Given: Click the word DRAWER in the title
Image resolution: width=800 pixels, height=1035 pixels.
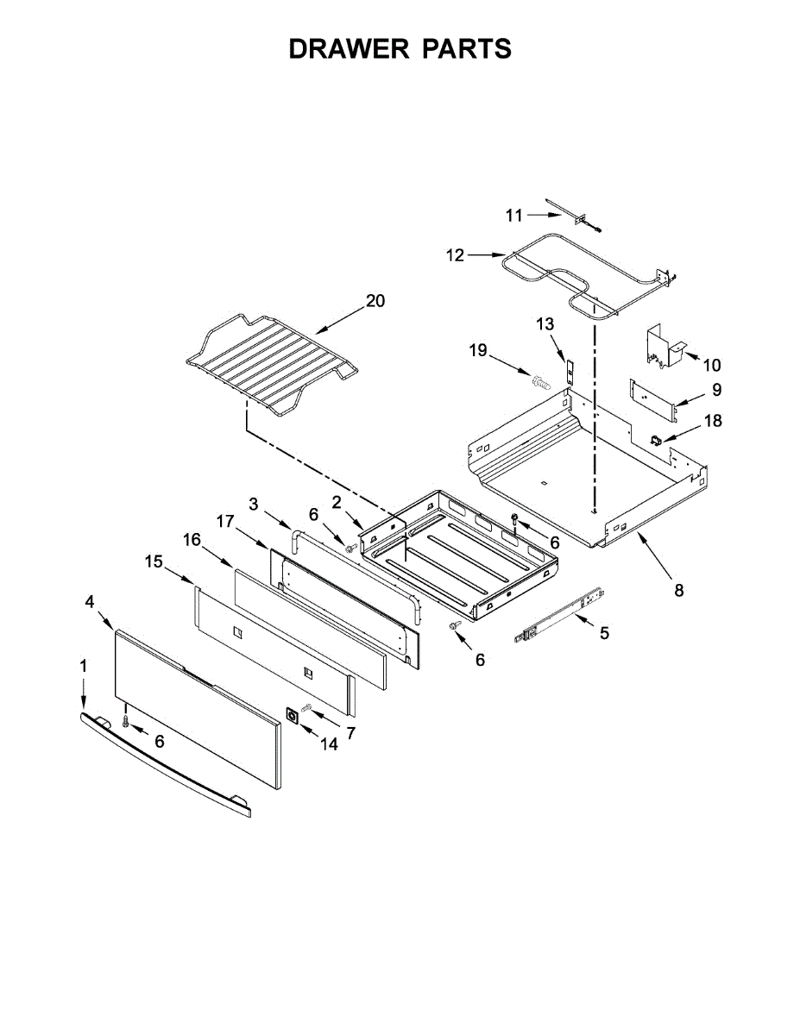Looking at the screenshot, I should coord(350,49).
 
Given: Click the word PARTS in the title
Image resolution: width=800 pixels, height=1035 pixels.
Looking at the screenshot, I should coord(466,49).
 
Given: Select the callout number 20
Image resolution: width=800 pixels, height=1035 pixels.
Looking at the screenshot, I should coord(375,301).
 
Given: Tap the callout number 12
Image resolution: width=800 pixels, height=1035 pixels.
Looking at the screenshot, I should coord(455,255).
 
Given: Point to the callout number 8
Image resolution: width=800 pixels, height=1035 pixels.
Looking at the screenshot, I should coord(678,591).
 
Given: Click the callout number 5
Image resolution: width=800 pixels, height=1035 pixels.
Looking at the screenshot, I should coord(604,633).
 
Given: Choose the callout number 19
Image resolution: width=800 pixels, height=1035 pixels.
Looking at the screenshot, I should coord(478,351).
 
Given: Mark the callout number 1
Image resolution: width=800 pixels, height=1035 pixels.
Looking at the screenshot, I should coord(84,666).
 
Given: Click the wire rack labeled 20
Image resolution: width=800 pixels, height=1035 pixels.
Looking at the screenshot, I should coord(268,362).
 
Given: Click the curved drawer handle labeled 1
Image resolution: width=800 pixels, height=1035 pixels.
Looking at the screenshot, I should coord(164,760).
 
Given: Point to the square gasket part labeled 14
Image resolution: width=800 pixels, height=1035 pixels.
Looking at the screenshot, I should coord(293,716).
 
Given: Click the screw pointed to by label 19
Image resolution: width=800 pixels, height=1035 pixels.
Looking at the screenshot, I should coord(541,379).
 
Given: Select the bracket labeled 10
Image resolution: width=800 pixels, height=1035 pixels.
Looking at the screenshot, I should coord(662,346).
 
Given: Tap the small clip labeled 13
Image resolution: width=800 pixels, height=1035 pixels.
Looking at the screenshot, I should coord(569,369).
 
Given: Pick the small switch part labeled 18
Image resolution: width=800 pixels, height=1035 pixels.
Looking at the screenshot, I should coord(657,440).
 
